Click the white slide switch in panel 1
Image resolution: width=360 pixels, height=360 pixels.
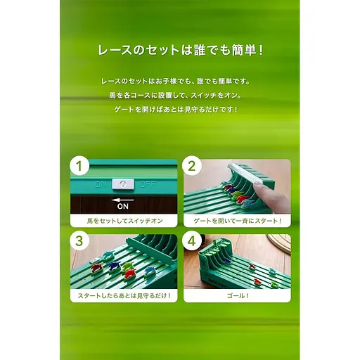click(x=123, y=184)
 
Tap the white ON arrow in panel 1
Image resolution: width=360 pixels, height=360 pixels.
click(x=122, y=200)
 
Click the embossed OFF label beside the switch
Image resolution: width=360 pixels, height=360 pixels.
click(x=148, y=184)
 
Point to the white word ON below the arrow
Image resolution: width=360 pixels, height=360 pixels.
click(x=123, y=207)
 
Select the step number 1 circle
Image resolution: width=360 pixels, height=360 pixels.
click(x=79, y=166)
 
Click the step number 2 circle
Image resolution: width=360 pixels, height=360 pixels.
click(x=192, y=166)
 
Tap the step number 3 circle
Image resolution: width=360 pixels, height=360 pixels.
click(x=79, y=241)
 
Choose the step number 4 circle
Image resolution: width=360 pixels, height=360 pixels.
click(x=192, y=241)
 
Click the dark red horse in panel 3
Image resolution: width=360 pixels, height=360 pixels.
click(x=96, y=268)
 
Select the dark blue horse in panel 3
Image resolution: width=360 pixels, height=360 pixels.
click(x=114, y=265)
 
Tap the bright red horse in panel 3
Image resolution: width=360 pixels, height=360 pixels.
click(x=130, y=274)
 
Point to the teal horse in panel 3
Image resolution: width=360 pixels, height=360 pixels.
click(x=108, y=255)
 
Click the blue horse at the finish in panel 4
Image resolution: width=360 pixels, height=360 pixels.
click(x=226, y=260)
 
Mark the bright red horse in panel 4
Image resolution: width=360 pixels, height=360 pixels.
click(x=252, y=266)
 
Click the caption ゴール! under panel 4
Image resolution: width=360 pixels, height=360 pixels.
click(x=237, y=296)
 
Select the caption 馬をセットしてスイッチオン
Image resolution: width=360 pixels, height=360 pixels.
click(x=124, y=221)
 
